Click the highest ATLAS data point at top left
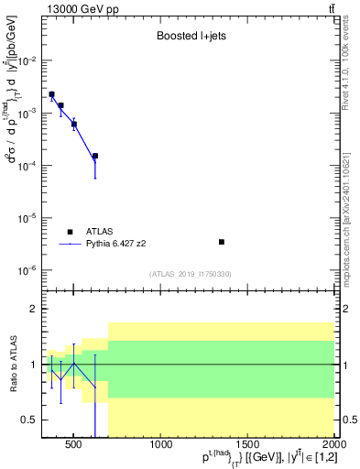52,94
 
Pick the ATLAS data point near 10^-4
95,157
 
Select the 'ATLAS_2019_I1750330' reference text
190,274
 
